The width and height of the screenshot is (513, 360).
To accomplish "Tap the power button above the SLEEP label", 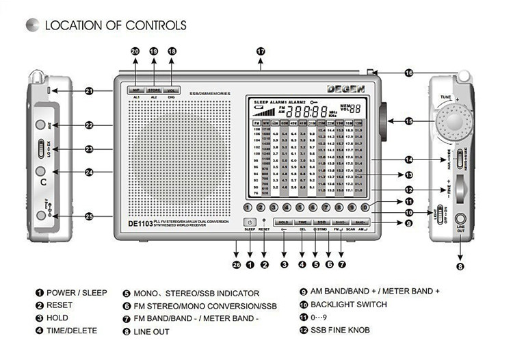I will coord(250,222).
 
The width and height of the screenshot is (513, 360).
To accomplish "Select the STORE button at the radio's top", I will coord(153,90).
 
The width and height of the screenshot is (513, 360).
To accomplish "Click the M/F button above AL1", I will coord(135,90).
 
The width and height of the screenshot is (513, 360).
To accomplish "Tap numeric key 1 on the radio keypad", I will coord(248,207).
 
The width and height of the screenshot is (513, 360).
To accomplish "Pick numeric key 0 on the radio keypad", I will coord(365,207).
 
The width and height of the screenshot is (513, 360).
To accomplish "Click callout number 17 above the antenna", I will coord(260,51).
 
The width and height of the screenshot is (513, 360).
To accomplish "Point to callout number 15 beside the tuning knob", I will coord(409,121).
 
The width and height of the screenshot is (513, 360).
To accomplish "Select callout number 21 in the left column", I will coord(89,91).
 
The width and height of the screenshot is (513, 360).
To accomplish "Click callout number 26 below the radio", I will coord(236,264).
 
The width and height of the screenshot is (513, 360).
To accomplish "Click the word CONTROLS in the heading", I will coord(155,25).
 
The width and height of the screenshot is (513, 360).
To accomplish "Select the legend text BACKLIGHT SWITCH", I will coord(348,305).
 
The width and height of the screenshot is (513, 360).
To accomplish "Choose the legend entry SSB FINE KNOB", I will coord(340,331).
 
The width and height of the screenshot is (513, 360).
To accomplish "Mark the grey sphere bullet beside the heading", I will coord(31,25).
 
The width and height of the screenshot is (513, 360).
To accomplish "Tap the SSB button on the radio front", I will coord(321,222).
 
